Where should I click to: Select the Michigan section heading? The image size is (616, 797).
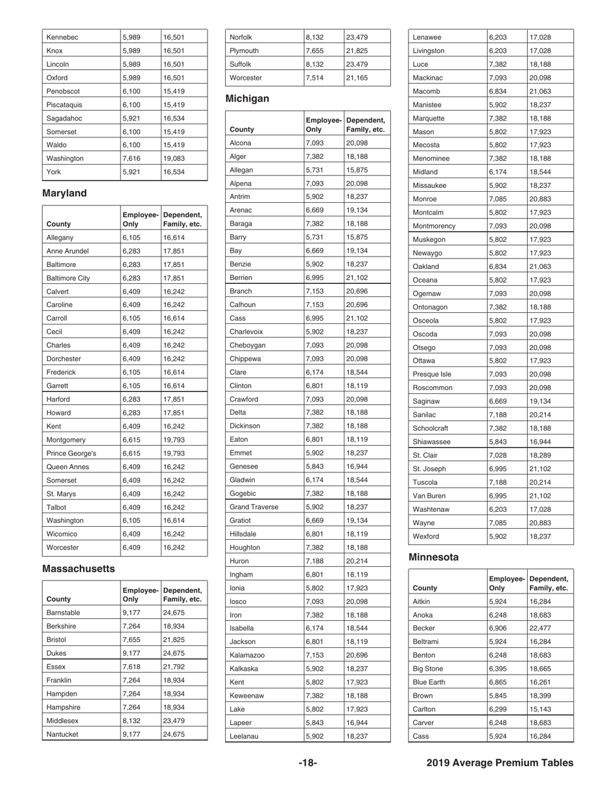click(x=248, y=99)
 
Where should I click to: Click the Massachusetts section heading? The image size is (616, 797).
click(x=78, y=568)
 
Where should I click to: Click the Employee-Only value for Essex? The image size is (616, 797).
click(x=131, y=666)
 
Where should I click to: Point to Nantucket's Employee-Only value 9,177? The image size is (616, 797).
click(x=131, y=734)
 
